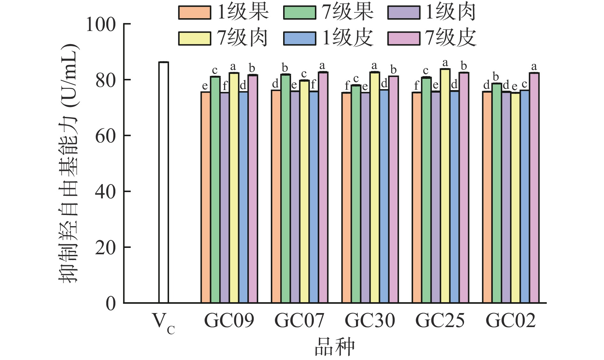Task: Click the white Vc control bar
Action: tap(164, 182)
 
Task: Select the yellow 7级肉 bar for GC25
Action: tap(445, 185)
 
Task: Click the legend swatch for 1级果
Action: tap(195, 13)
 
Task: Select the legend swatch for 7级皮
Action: tap(404, 38)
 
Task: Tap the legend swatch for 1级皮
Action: tap(299, 38)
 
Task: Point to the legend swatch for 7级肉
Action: tap(195, 38)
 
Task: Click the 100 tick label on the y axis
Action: tap(101, 25)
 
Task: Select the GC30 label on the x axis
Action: tap(370, 320)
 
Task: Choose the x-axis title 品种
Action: tap(335, 347)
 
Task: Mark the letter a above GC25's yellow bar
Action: tap(445, 63)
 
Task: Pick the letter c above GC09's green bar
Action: tap(215, 70)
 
